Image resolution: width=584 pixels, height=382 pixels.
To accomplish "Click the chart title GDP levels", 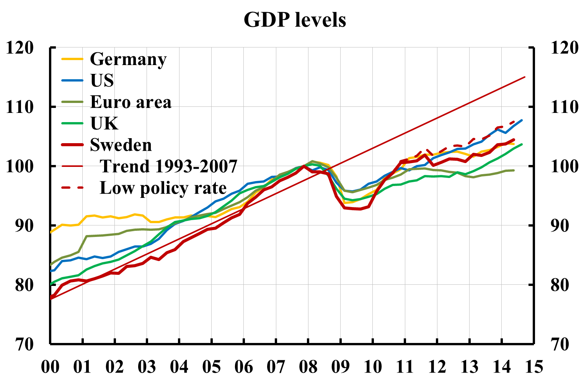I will coord(295,20).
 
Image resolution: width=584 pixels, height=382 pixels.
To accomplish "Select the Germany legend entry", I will coord(128,59).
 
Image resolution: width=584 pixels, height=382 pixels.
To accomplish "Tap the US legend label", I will coord(102,81).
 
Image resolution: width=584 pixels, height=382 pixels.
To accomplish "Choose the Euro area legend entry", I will coord(131,102).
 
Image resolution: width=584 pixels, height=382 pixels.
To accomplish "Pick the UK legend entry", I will coord(104,124).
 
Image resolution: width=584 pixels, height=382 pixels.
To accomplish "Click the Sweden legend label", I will coord(121,145).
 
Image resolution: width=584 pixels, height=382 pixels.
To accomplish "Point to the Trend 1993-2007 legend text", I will coord(168,167).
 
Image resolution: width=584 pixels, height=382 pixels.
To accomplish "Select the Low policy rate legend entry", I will coord(163,188).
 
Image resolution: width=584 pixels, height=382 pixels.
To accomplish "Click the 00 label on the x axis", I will coord(50,367).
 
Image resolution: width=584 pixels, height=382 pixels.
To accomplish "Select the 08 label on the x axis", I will coord(308,367).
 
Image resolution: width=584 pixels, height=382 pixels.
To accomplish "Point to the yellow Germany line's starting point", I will coord(51,232).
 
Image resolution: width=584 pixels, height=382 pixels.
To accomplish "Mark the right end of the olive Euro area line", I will coord(514,170).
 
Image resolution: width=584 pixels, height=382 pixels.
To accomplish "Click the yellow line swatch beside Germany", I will coord(72,59).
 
